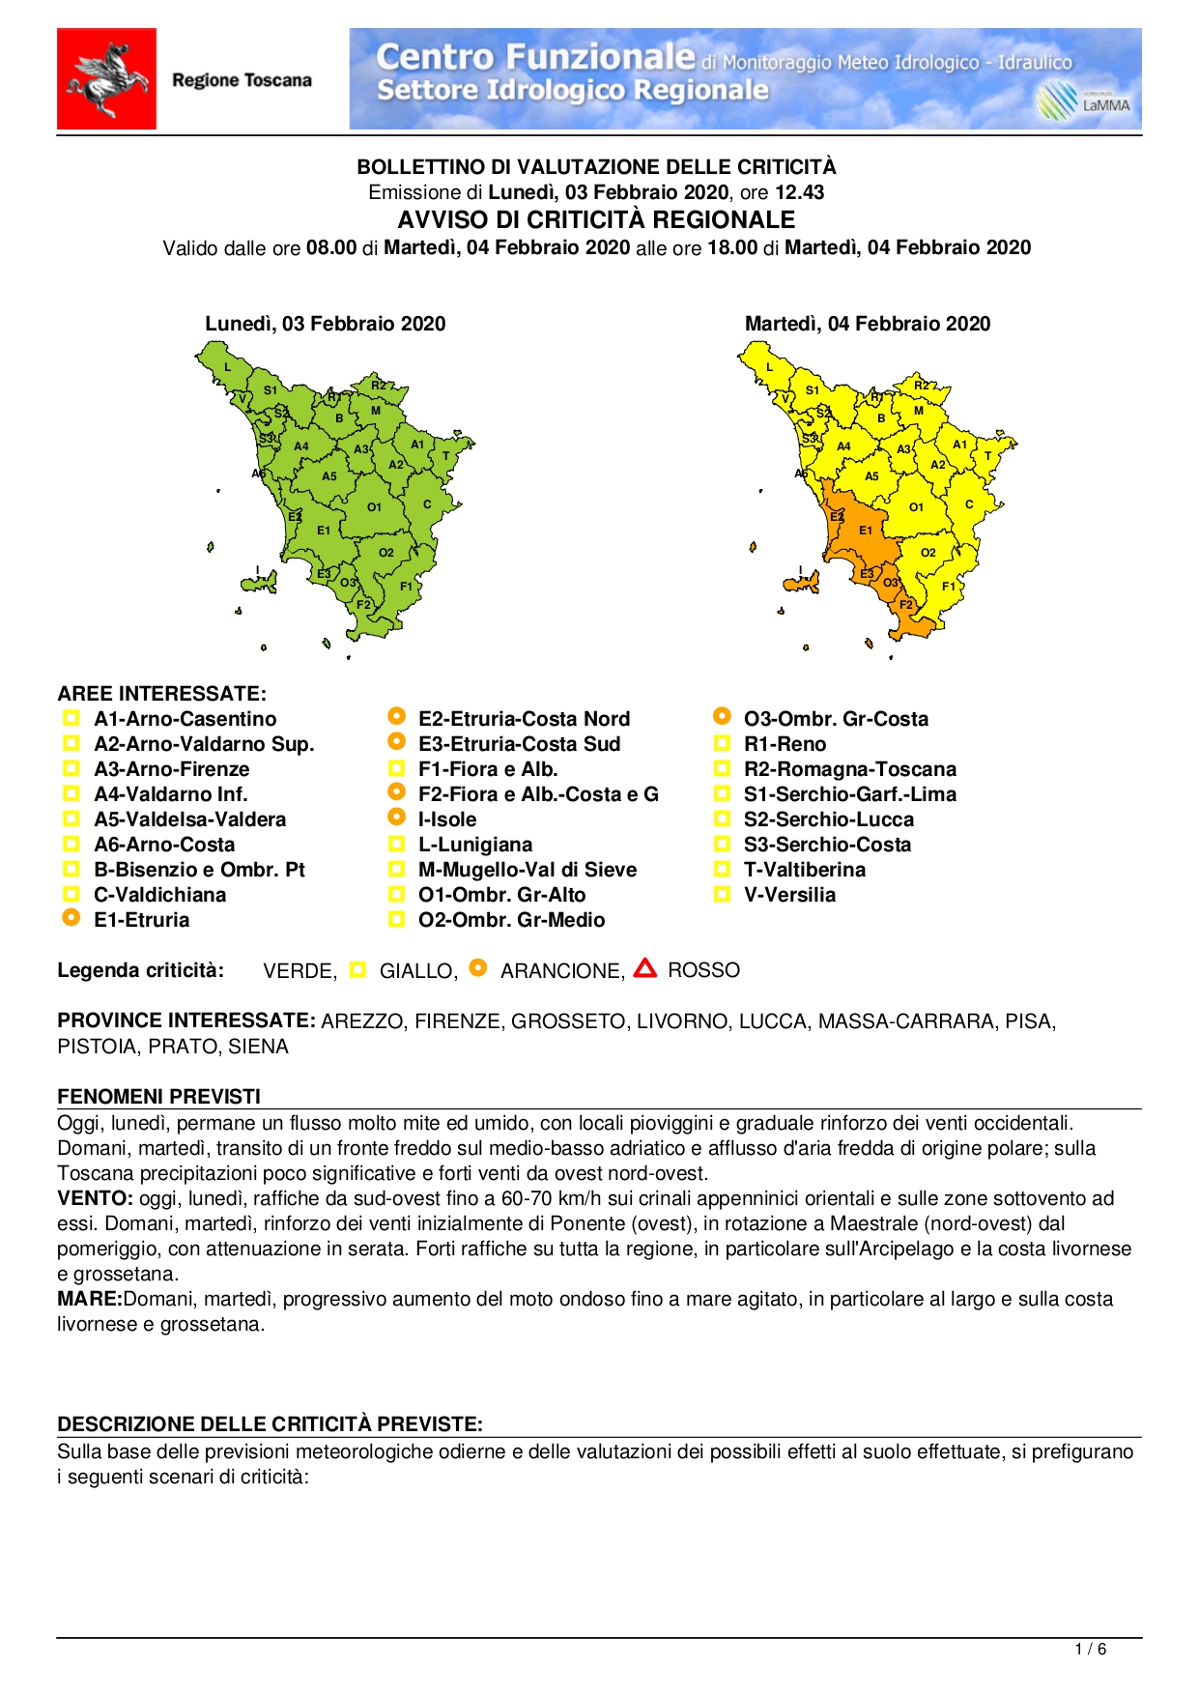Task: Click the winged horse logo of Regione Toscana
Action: [x=106, y=79]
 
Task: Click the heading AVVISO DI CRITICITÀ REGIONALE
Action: [x=596, y=219]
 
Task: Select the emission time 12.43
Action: [x=799, y=192]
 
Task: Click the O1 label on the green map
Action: [x=374, y=507]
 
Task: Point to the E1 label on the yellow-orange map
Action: [x=866, y=530]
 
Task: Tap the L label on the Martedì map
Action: [x=770, y=367]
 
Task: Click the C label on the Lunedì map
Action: [x=427, y=504]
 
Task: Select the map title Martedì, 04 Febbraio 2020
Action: [x=867, y=324]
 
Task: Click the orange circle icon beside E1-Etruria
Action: [x=71, y=918]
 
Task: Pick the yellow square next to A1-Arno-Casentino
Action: [x=71, y=718]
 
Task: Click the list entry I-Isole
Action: [x=446, y=819]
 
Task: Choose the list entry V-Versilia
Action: [x=788, y=895]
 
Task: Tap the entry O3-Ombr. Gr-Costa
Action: [x=835, y=719]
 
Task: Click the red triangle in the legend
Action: [x=645, y=968]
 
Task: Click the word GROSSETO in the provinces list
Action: [x=567, y=1021]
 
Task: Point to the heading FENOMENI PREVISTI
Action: [x=158, y=1096]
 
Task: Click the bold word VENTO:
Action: [x=95, y=1198]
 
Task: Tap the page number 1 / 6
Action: [x=1090, y=1650]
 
